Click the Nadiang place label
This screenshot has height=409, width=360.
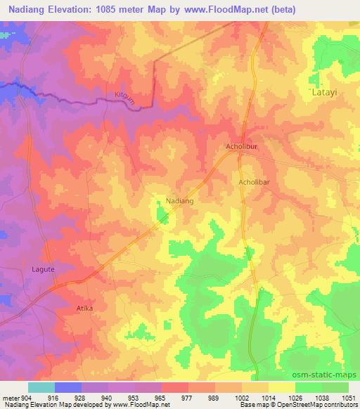tap(179, 201)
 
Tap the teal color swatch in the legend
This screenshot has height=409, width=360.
tap(41, 387)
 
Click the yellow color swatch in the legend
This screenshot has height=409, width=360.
tap(281, 387)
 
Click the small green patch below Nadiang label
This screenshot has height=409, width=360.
tap(162, 216)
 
